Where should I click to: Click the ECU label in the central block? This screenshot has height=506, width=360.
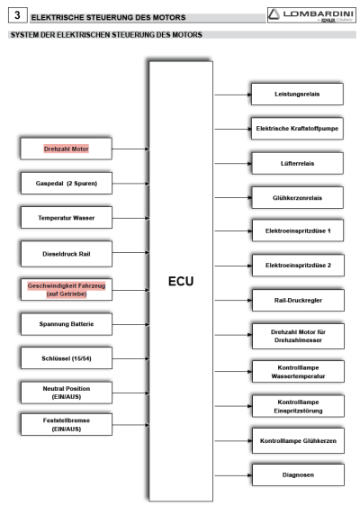(181, 281)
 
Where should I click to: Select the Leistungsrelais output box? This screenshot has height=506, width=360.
(297, 94)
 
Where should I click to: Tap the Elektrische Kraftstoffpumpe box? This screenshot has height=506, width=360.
(297, 129)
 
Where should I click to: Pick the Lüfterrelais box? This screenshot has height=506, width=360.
(297, 163)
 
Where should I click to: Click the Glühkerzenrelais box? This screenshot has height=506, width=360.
(297, 197)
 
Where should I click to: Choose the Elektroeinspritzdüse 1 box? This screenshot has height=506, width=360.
(298, 230)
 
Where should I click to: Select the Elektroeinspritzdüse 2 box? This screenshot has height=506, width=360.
(298, 266)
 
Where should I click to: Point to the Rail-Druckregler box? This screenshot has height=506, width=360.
(298, 300)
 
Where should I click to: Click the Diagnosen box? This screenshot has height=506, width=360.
(298, 474)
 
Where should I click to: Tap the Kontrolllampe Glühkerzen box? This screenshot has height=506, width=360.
(298, 441)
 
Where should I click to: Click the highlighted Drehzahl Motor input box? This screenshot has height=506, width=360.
(66, 149)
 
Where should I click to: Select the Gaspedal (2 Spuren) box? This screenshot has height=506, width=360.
(67, 183)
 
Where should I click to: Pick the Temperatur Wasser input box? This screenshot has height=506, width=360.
(67, 218)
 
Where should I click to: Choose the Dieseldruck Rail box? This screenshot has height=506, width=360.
(67, 254)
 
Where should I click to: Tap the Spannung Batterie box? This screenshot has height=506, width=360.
(67, 324)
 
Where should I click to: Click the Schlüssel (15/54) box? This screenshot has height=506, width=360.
(67, 358)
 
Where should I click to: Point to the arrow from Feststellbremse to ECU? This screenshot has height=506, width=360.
(130, 425)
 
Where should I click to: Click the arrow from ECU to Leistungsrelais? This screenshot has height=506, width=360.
(233, 95)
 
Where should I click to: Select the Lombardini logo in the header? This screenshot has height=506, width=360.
(311, 14)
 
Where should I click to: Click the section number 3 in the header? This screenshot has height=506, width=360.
(17, 15)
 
